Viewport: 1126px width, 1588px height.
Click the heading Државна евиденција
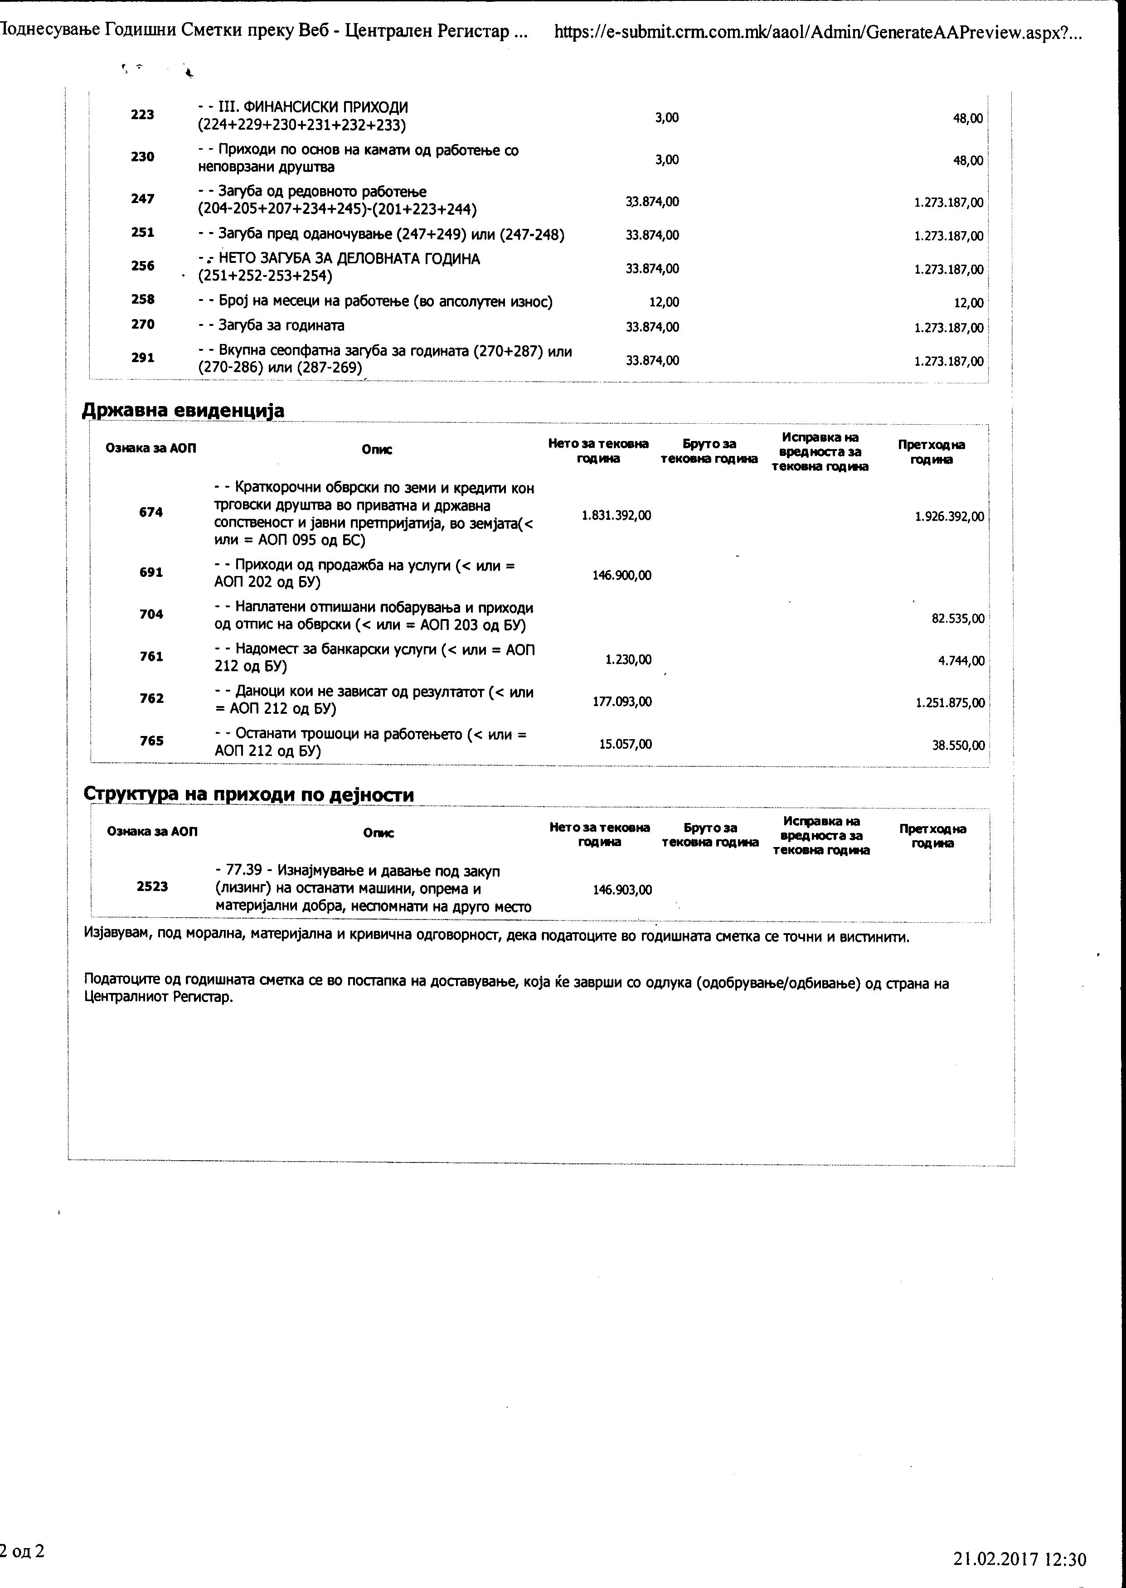(x=183, y=410)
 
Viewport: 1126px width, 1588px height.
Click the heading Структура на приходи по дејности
(x=248, y=794)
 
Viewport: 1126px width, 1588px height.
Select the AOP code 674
(x=151, y=512)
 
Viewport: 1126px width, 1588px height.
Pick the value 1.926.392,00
(x=949, y=516)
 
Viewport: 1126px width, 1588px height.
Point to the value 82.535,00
(x=957, y=618)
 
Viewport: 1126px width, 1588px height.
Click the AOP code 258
(x=143, y=300)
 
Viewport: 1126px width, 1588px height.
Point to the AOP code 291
(x=143, y=358)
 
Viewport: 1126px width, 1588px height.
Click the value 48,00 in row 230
(x=968, y=160)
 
